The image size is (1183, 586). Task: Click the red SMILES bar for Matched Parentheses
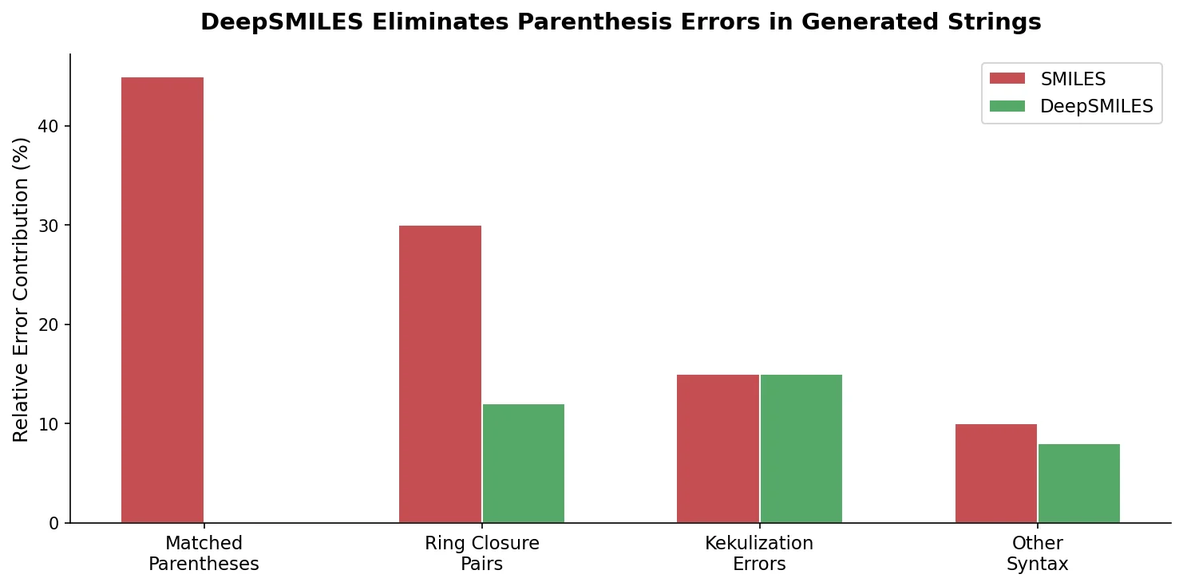pos(162,300)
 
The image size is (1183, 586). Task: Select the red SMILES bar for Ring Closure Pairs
pos(440,374)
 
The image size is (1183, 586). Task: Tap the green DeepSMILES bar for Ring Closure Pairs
pos(524,463)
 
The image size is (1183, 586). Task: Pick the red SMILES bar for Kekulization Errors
pos(718,448)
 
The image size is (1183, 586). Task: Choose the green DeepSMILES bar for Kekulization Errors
pos(801,448)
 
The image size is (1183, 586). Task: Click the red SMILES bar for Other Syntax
pos(995,473)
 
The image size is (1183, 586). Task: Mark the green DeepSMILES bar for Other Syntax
pos(1078,483)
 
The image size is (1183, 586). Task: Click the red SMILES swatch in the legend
pos(1007,78)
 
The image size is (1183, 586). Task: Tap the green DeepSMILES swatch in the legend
pos(1007,106)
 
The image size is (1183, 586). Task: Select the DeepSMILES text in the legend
pos(1096,106)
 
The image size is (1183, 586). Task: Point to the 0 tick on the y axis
pos(54,523)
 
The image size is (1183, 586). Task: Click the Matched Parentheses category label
pos(204,554)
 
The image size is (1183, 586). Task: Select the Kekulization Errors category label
pos(759,554)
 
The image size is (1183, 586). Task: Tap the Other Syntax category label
pos(1037,554)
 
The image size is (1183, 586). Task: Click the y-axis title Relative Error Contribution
pos(22,289)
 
